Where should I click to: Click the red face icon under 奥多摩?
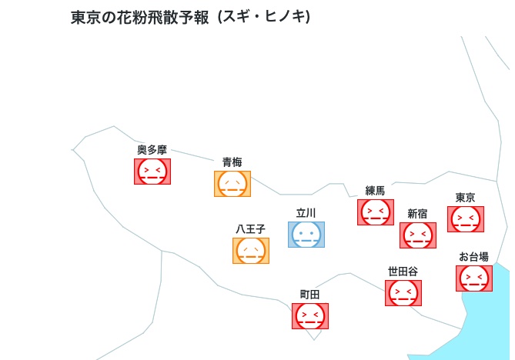pos(152,172)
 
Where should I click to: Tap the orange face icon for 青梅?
pos(232,184)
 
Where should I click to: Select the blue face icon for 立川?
pos(306,235)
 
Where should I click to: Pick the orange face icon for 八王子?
pos(251,251)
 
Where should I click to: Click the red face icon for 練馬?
pos(376,212)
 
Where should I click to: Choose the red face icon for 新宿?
pos(418,235)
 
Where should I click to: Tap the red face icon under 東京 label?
pos(466,219)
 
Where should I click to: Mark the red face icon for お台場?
pos(474,278)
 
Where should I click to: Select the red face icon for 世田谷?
pos(403,293)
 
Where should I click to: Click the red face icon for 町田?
pos(310,316)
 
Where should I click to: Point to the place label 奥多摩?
pos(152,150)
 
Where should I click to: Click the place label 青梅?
pos(232,162)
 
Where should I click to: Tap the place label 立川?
pos(306,213)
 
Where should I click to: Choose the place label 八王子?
pos(251,229)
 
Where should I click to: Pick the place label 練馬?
pos(375,191)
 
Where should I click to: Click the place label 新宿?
pos(417,214)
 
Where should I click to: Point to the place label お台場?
pos(473,257)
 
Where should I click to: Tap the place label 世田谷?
pos(403,272)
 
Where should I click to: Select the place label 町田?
pos(309,295)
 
